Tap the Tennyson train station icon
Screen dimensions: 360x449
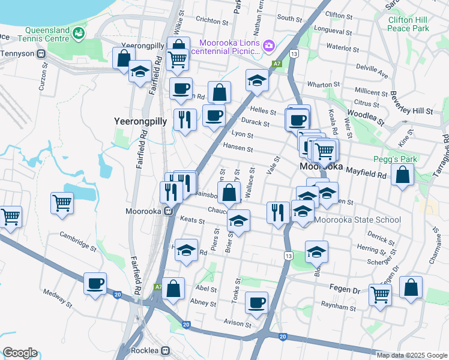42,54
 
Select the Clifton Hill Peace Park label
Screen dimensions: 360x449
409,24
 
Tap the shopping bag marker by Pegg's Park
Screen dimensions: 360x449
403,175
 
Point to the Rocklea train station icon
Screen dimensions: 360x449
166,350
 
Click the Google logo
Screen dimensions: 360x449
20,353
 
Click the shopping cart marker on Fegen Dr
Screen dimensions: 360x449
381,294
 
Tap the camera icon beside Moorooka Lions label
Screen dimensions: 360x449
268,44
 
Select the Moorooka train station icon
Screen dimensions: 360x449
170,211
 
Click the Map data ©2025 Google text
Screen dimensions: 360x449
412,355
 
